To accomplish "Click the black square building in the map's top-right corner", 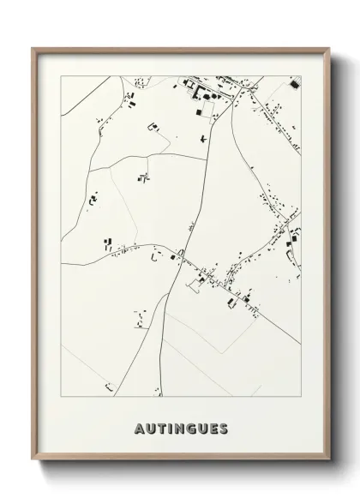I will (x=293, y=85).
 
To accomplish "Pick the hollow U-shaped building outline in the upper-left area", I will (x=155, y=127).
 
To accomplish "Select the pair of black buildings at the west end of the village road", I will (x=109, y=243).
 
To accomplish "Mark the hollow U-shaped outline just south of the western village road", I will (x=155, y=255).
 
